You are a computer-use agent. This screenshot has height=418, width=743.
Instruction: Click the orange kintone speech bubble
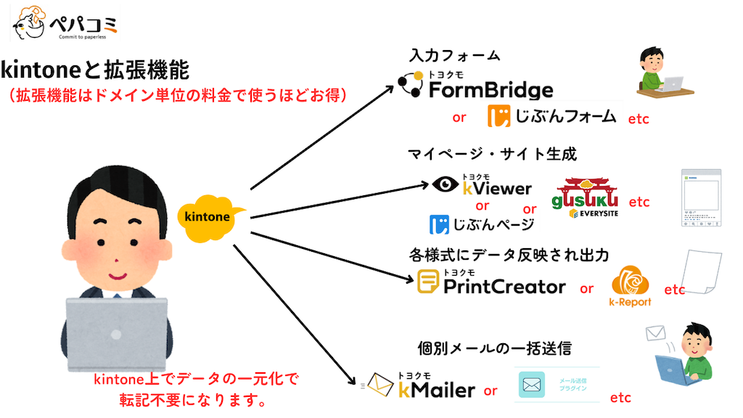click(x=208, y=216)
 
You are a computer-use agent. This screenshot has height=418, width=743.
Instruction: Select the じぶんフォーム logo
click(x=552, y=116)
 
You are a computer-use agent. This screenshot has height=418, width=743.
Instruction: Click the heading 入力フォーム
click(x=454, y=56)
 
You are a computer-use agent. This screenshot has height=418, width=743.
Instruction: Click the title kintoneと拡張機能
click(x=95, y=71)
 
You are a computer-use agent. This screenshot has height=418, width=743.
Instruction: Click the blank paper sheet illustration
click(x=705, y=274)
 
